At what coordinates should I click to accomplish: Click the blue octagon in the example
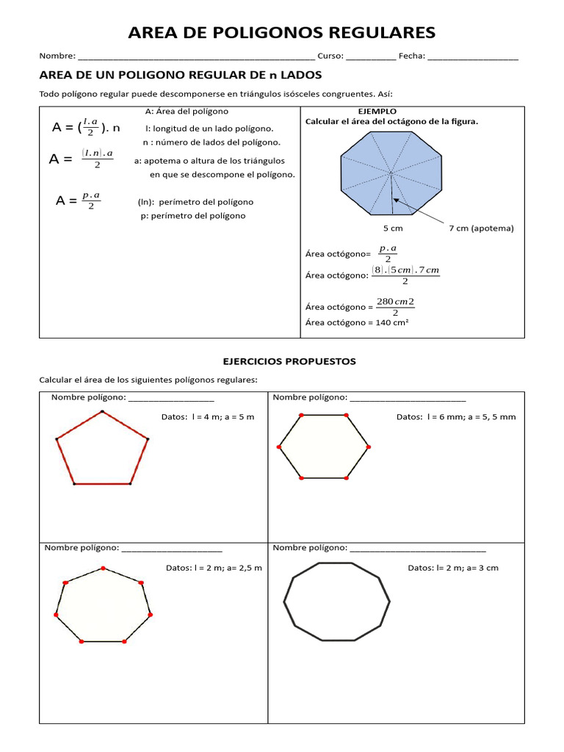click(391, 173)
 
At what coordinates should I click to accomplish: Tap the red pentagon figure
click(102, 450)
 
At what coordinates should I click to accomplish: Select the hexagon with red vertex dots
click(323, 446)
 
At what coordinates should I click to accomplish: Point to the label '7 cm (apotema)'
click(481, 228)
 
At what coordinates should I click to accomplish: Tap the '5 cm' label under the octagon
click(393, 228)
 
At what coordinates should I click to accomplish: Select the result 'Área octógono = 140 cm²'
click(357, 322)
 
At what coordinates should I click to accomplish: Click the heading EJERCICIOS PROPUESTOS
click(289, 361)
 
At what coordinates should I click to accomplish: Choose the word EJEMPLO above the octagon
click(377, 112)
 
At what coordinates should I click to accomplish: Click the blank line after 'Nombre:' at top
click(196, 57)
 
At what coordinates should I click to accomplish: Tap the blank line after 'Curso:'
click(371, 57)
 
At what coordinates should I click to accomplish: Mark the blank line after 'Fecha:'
click(472, 57)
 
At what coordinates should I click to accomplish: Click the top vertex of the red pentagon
click(102, 411)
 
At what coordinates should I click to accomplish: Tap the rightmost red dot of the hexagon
click(368, 446)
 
